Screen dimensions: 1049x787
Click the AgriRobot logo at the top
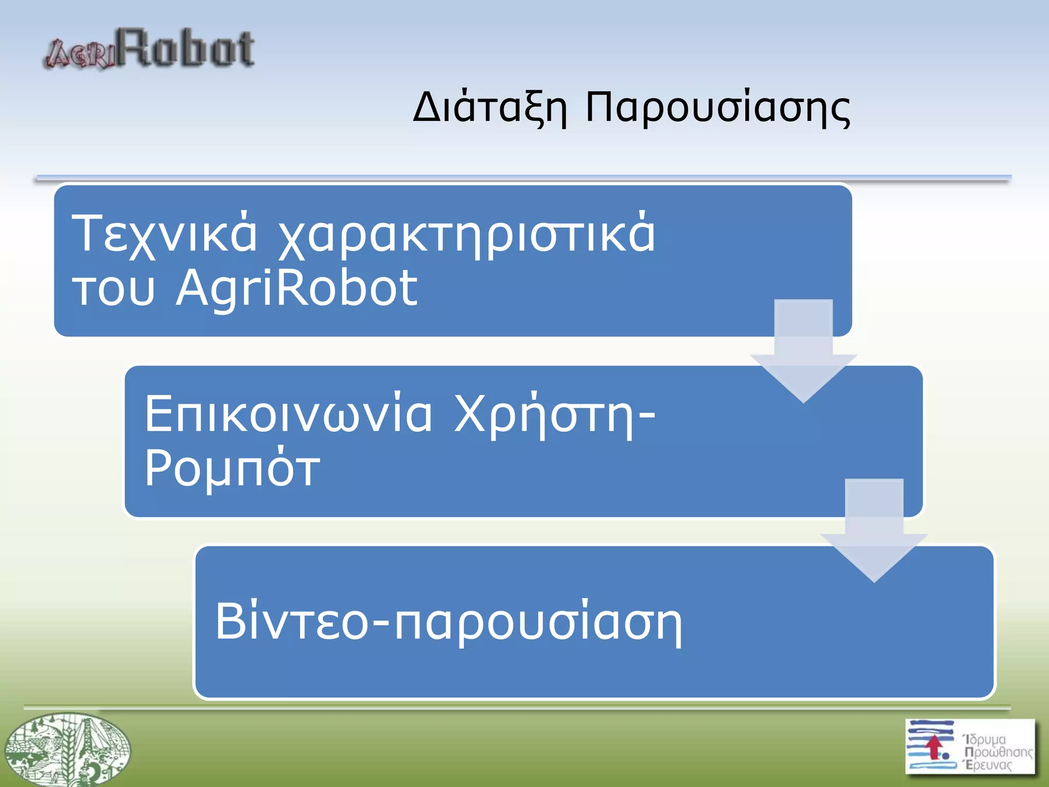[149, 49]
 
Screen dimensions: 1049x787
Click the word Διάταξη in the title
[489, 108]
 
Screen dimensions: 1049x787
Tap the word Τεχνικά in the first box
[164, 234]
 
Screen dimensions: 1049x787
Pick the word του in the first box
[113, 289]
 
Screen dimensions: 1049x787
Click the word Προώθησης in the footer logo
[998, 752]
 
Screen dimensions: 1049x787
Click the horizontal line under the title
[522, 178]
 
